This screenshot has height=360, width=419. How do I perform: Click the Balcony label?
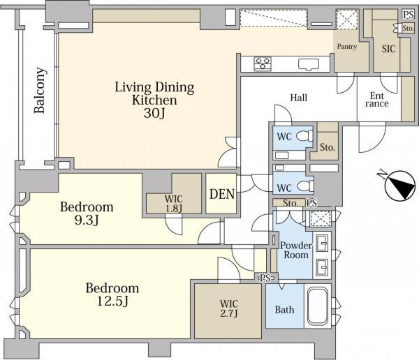(x=40, y=91)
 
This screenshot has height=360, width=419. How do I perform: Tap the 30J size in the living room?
(x=154, y=114)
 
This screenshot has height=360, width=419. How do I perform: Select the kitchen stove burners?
(x=263, y=63)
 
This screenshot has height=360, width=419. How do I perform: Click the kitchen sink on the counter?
(x=309, y=65)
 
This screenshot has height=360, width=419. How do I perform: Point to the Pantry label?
(x=347, y=47)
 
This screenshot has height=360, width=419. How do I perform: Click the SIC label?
(x=388, y=49)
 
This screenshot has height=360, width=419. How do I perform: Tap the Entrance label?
(x=377, y=100)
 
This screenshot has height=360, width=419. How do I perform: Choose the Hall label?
(x=299, y=98)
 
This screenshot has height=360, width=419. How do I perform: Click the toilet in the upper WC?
(x=305, y=135)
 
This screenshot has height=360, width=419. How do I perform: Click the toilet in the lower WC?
(x=305, y=186)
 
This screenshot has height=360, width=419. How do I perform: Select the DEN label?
(x=222, y=194)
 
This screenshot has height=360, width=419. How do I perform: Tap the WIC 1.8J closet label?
(x=174, y=204)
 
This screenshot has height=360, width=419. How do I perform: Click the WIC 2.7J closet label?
(x=229, y=308)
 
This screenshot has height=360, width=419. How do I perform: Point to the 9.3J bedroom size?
(x=87, y=221)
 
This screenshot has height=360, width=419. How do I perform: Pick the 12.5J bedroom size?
(x=112, y=302)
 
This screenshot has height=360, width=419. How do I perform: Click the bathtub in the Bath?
(x=318, y=306)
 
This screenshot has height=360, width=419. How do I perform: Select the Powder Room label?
(x=296, y=250)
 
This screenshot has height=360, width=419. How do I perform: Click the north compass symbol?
(x=400, y=186)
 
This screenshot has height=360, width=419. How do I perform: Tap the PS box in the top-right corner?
(x=409, y=14)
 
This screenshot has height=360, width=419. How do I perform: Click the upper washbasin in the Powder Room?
(x=322, y=243)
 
